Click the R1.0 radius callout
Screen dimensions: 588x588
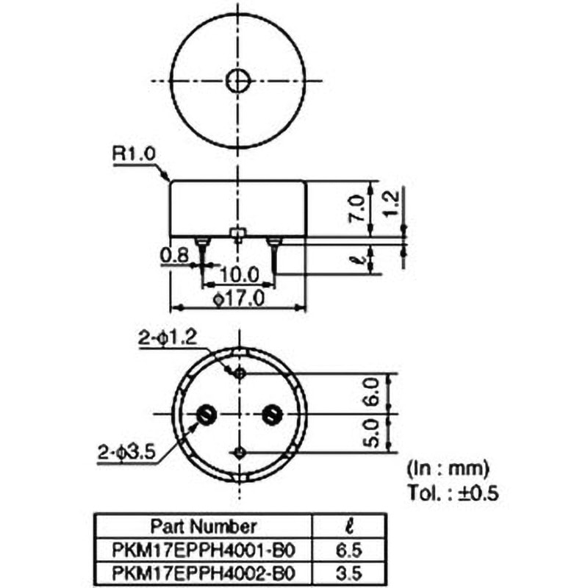pos(134,154)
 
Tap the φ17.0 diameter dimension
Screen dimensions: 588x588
pos(239,299)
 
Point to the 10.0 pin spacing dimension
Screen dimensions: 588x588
pos(239,274)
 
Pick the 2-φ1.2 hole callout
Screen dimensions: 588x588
pos(168,338)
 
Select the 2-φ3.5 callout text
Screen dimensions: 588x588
pos(126,452)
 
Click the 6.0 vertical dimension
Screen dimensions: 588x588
pos(372,392)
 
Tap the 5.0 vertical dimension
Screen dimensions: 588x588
pos(372,434)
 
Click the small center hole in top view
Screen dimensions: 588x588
pos(238,81)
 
